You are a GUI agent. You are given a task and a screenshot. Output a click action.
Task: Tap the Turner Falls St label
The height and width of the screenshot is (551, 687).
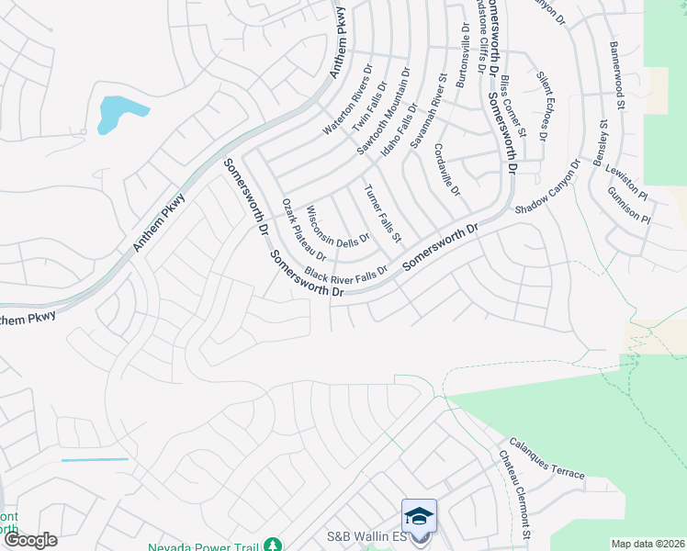click(383, 213)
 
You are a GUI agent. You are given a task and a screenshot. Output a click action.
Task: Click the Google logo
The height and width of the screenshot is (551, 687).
click(30, 540)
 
